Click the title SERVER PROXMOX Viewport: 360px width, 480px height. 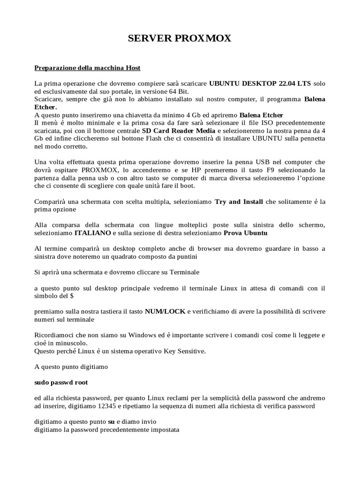pyautogui.click(x=180, y=38)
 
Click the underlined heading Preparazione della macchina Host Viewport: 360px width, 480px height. pyautogui.click(x=88, y=67)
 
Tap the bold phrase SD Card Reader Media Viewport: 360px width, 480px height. pyautogui.click(x=179, y=131)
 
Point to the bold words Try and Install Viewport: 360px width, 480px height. pyautogui.click(x=239, y=202)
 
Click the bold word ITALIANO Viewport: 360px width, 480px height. pyautogui.click(x=92, y=232)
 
